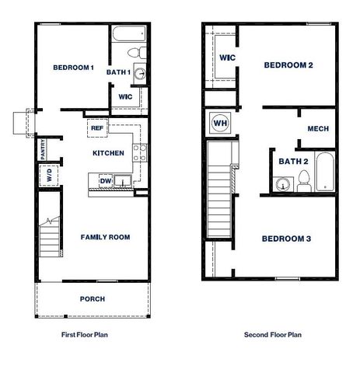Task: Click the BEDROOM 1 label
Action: [x=73, y=68]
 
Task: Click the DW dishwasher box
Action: [x=105, y=181]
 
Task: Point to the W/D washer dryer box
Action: [x=48, y=176]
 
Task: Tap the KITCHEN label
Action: [x=108, y=153]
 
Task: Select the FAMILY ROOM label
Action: [x=104, y=237]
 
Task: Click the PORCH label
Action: [x=92, y=298]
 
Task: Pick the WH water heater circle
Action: [x=218, y=123]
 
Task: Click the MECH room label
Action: [x=317, y=129]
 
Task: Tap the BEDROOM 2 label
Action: [x=288, y=65]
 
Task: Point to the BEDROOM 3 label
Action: [x=285, y=238]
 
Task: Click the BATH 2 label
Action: [x=294, y=162]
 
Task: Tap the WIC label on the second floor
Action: [x=227, y=58]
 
